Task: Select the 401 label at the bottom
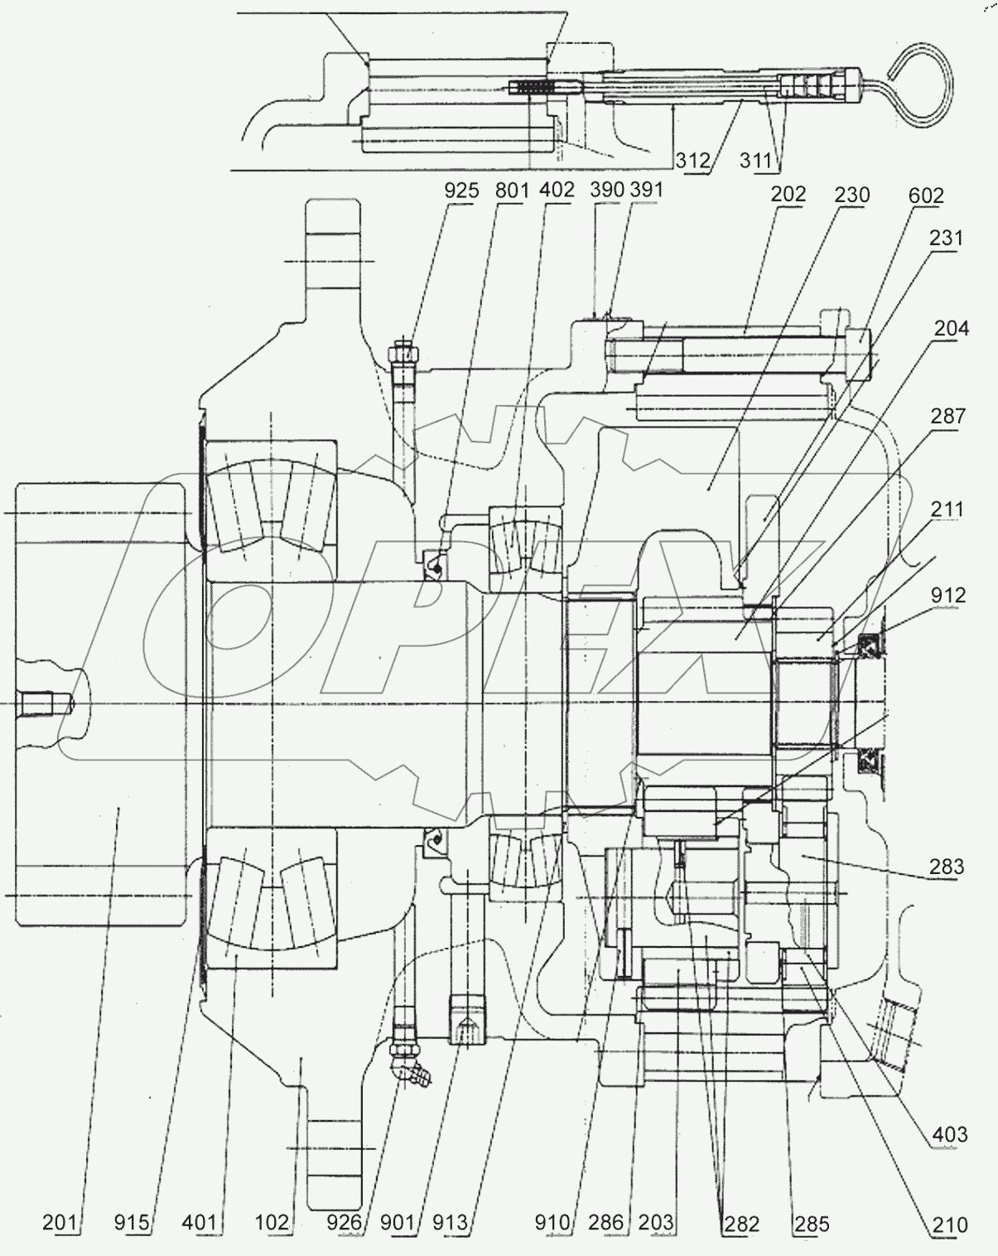(x=200, y=1222)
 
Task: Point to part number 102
(x=272, y=1222)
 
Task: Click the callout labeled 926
(x=343, y=1222)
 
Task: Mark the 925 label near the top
(x=461, y=190)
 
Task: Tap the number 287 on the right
(x=947, y=415)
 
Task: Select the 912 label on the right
(x=947, y=596)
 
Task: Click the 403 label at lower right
(x=949, y=1133)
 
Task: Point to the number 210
(x=949, y=1223)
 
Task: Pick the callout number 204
(x=951, y=329)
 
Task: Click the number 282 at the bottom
(x=740, y=1223)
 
